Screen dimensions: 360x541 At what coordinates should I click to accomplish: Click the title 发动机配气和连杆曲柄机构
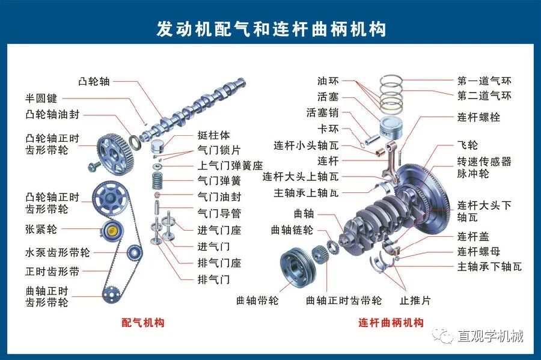270,28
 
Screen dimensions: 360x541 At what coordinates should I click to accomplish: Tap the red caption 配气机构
142,323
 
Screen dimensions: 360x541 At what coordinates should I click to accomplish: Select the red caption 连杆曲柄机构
391,323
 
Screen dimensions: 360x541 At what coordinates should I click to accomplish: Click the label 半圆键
41,98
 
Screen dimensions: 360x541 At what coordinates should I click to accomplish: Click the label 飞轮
467,145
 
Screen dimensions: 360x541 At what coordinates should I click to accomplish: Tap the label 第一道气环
484,81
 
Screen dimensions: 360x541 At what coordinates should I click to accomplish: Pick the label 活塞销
322,112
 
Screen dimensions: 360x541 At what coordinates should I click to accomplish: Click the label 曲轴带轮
257,300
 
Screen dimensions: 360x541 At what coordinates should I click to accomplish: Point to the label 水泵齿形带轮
58,252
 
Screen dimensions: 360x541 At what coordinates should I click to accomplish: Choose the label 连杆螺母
478,251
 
